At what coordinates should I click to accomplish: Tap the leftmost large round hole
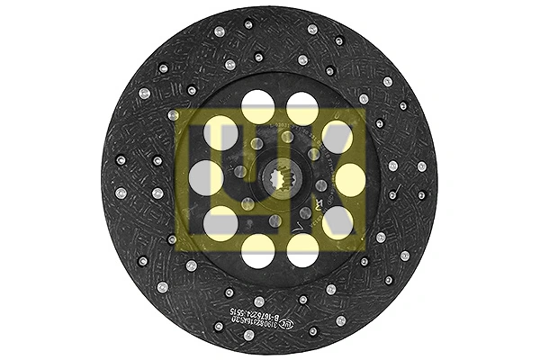coord(206,178)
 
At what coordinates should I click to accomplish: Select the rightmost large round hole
coord(349,178)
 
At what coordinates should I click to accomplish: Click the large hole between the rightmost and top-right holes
coord(337,137)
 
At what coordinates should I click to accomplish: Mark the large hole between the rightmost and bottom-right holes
coord(337,221)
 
